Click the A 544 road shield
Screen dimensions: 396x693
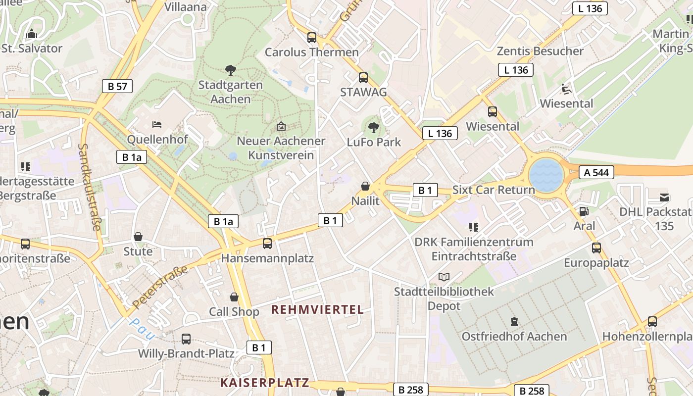(x=596, y=172)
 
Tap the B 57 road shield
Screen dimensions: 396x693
(x=117, y=86)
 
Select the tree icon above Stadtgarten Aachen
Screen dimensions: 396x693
(x=230, y=70)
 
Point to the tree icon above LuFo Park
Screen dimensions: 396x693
(x=374, y=128)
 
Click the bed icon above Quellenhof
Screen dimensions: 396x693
(x=157, y=125)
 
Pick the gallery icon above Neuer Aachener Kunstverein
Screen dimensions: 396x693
(x=281, y=126)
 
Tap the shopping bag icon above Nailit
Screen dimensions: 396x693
(x=365, y=186)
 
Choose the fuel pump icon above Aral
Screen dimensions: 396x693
(x=584, y=211)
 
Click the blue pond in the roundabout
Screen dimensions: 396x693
(x=546, y=175)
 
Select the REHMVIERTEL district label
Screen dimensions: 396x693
(x=317, y=310)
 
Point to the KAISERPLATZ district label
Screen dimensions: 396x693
(x=265, y=383)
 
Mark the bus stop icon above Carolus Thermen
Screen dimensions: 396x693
(x=312, y=37)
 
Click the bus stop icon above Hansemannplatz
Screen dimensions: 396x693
(x=267, y=243)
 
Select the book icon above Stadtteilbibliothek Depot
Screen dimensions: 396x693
(x=444, y=277)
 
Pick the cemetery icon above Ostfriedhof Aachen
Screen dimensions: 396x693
(x=514, y=322)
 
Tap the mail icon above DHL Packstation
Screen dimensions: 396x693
(x=664, y=198)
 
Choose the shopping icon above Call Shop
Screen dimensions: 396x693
(x=234, y=297)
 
